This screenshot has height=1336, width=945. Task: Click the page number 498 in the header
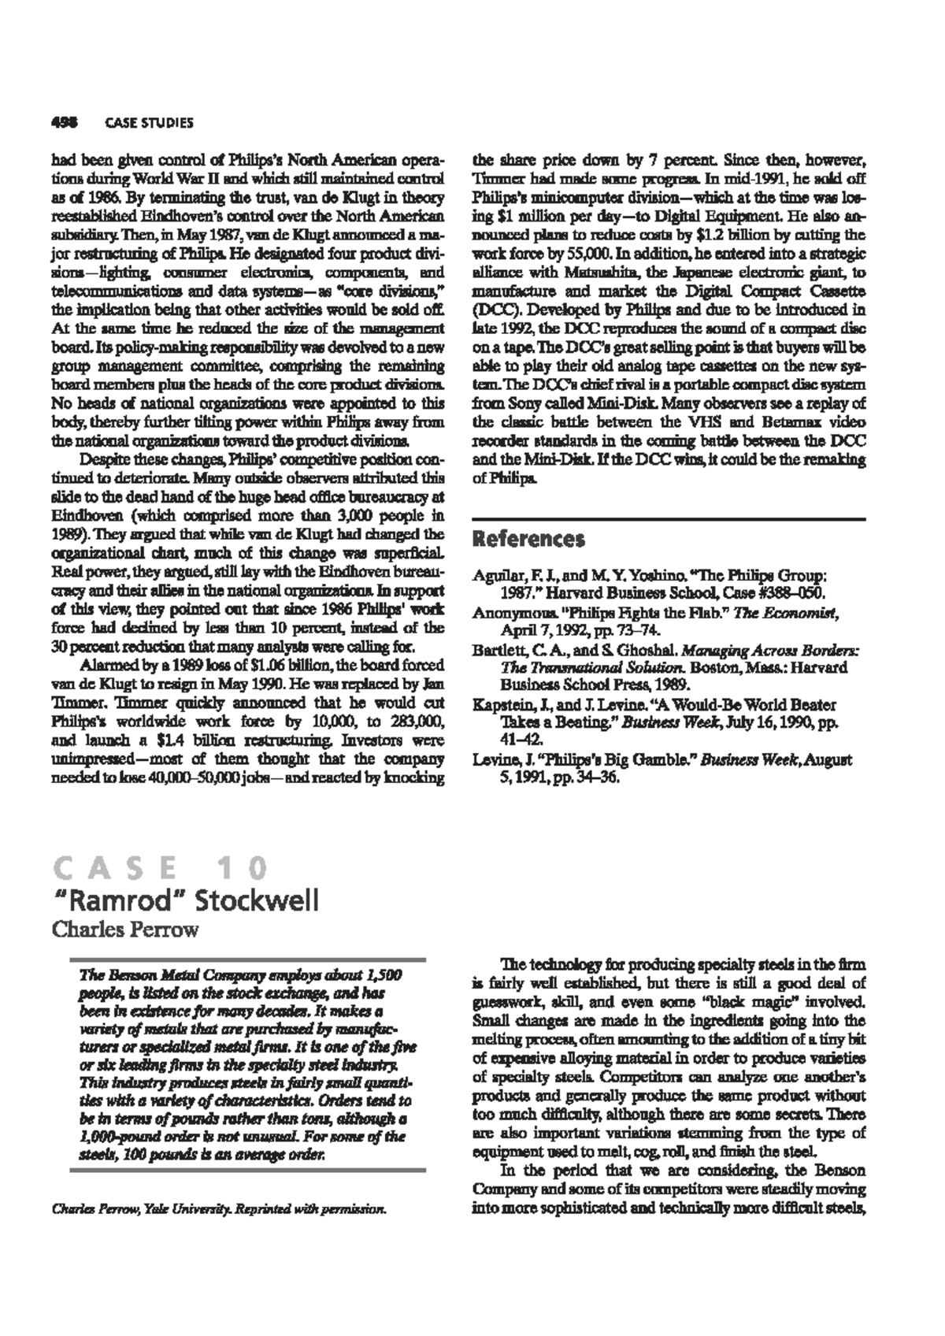coord(63,123)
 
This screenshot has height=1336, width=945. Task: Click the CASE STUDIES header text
coord(149,123)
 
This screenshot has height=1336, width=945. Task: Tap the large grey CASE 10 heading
coord(158,868)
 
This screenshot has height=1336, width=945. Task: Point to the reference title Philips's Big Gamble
coord(607,760)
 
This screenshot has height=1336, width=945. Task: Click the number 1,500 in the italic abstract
coord(385,975)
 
